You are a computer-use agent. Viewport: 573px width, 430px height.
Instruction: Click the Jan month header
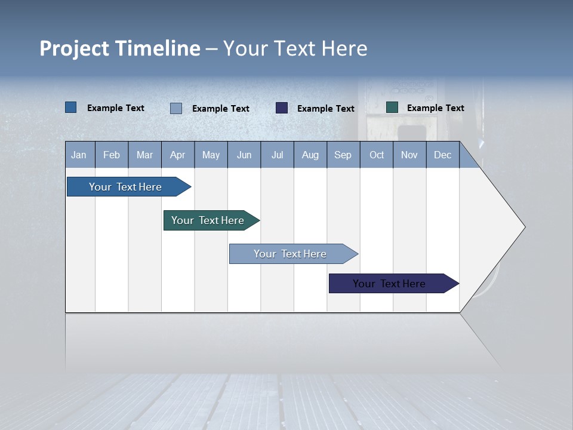[79, 155]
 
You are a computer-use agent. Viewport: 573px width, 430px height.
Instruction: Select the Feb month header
[112, 155]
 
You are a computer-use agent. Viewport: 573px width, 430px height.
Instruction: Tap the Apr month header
[177, 155]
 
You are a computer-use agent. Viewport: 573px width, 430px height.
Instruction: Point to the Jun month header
[244, 155]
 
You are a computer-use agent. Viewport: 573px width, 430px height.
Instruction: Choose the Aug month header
[310, 155]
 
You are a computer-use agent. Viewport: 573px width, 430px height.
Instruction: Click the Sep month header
[343, 155]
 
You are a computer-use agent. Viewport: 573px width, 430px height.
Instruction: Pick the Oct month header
[377, 155]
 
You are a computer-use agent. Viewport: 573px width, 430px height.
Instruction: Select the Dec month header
[443, 155]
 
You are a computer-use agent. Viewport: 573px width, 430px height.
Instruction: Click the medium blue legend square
[71, 107]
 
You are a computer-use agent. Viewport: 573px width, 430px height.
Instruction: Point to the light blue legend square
[176, 108]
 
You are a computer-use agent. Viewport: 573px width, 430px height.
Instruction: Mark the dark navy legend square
[282, 107]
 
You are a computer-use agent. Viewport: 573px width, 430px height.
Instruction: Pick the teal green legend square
[392, 107]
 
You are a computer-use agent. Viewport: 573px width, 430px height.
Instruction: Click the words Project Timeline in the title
[120, 48]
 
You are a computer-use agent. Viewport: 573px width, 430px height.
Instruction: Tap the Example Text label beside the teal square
[435, 108]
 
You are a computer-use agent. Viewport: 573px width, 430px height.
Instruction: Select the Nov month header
[409, 155]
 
